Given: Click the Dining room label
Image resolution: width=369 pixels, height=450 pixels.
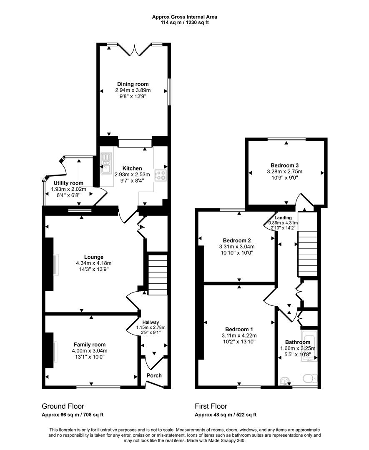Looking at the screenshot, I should coord(133,84).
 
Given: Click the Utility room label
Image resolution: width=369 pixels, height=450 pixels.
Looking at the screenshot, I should coord(68,183).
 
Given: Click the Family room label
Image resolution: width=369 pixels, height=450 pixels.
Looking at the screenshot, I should coord(90,345).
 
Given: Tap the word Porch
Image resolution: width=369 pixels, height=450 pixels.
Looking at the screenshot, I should coord(154,375).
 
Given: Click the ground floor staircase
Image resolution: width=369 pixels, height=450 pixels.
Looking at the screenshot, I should coord(157,275).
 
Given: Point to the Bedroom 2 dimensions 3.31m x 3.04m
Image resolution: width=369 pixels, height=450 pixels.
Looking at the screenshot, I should coord(237,247).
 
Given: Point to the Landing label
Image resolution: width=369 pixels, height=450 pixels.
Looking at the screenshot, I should coord(283,217).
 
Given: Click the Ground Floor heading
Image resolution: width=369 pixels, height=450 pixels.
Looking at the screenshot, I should coord(63,406).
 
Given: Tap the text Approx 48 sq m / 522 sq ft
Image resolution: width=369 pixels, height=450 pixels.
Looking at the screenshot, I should coord(226,415).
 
